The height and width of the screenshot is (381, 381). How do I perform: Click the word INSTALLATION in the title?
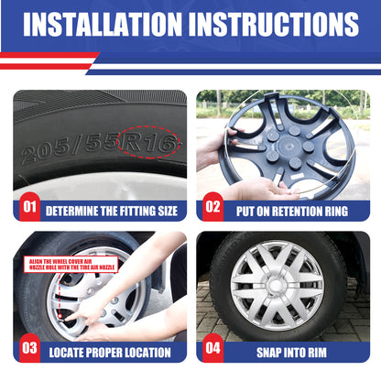pos(103,25)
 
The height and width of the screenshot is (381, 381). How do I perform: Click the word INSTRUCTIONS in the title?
pos(274,25)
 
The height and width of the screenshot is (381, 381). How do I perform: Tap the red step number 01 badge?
pos(29,207)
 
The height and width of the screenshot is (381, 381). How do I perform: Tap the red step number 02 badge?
pos(212,207)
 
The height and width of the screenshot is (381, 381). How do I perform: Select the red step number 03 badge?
pos(29,348)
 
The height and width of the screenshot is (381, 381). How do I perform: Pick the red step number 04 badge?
pos(212,348)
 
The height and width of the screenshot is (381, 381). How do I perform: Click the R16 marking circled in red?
pos(149,142)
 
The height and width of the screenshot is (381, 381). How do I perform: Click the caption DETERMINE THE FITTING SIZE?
pos(112,212)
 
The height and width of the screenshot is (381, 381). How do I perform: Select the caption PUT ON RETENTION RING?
pos(292,212)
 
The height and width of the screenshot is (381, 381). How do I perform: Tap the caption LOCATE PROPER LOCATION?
pos(110,353)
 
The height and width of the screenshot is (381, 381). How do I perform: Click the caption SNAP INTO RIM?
pos(291,353)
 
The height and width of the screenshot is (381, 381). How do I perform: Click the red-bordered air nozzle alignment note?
pos(71,265)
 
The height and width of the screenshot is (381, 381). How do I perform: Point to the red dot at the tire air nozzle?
pos(60,316)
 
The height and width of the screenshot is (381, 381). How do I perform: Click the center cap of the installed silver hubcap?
pos(277,286)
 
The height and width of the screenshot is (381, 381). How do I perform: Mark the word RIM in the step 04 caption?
pos(317,353)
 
